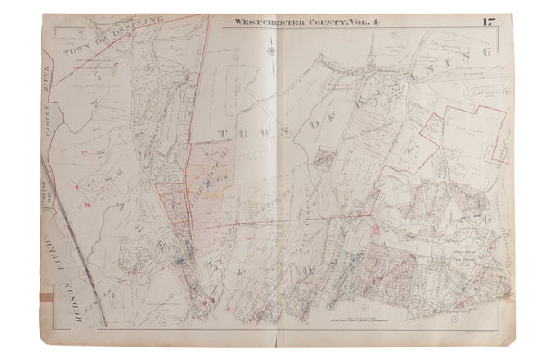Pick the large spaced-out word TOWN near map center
[x=236, y=132]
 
